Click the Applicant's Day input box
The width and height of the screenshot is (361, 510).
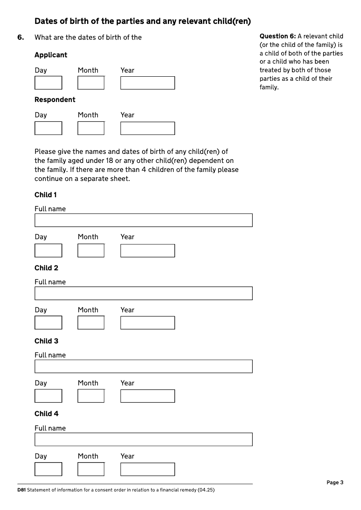48,83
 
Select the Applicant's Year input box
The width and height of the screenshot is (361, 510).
148,83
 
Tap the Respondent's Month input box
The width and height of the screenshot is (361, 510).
91,128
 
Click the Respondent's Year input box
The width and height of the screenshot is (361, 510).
148,128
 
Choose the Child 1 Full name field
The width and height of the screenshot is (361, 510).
143,220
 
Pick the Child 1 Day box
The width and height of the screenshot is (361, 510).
48,250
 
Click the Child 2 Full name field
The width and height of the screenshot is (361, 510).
143,293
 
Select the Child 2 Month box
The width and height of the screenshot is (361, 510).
91,323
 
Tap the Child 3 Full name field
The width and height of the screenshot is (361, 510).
143,366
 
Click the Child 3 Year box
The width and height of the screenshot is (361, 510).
148,396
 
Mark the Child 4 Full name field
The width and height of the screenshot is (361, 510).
143,440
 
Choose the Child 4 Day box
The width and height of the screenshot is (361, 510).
48,469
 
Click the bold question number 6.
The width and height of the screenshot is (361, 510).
21,37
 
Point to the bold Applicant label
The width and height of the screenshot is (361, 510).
51,55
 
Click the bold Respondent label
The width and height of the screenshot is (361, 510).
55,100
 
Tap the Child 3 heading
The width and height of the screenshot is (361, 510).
46,341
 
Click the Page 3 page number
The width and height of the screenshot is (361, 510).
335,482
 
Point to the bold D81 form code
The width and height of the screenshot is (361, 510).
21,490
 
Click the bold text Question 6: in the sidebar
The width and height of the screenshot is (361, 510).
278,36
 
